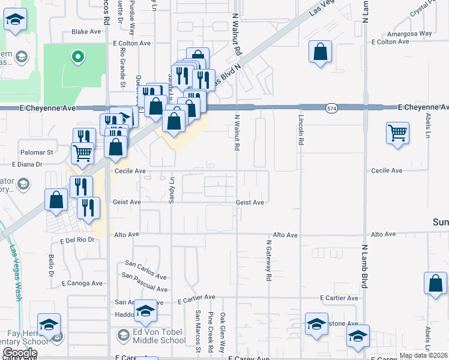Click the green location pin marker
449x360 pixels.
click(77, 58)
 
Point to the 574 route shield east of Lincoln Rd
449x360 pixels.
click(332, 108)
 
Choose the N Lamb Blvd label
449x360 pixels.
click(364, 265)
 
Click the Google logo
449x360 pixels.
click(20, 353)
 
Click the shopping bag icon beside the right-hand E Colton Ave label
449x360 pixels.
click(321, 52)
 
